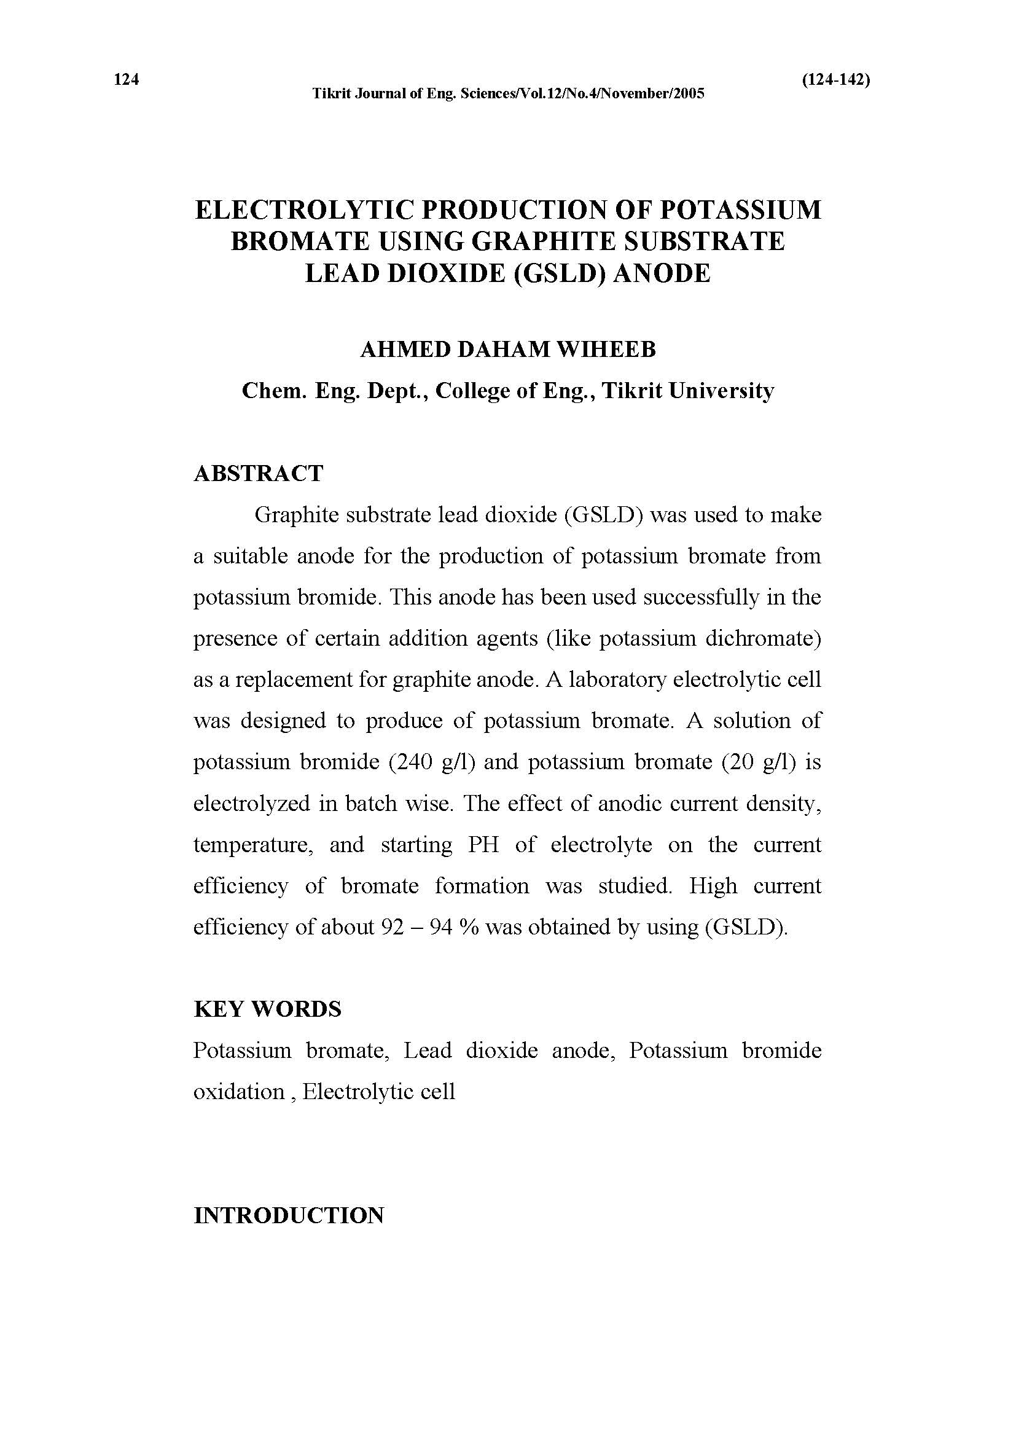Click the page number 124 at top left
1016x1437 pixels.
127,79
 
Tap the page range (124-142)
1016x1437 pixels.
835,79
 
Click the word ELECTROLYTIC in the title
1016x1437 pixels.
304,210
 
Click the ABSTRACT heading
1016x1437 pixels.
259,473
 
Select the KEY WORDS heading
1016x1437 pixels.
268,1009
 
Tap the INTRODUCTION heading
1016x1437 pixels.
289,1215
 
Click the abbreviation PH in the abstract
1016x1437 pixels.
483,845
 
